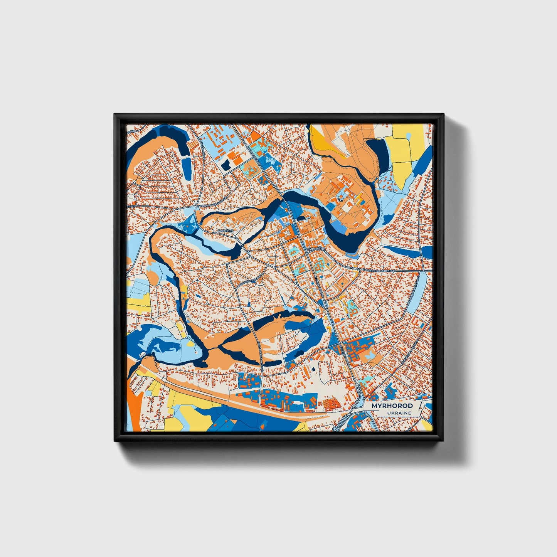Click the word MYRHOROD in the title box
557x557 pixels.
pyautogui.click(x=392, y=406)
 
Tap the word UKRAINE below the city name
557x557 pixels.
pyautogui.click(x=400, y=413)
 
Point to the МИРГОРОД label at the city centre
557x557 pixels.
pyautogui.click(x=316, y=249)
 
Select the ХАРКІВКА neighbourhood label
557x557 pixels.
pyautogui.click(x=225, y=231)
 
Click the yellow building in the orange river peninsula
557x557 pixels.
pyautogui.click(x=360, y=198)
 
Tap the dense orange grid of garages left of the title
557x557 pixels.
pyautogui.click(x=332, y=404)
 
